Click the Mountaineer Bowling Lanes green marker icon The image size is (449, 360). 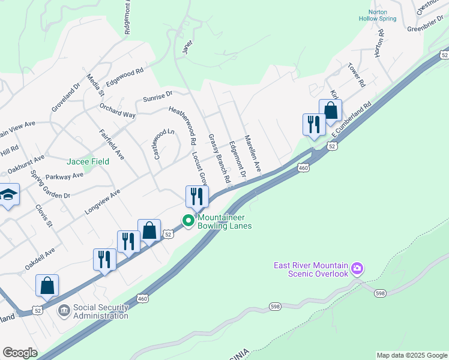click(188, 221)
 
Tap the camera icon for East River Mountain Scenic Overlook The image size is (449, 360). click(358, 268)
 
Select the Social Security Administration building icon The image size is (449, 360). click(64, 311)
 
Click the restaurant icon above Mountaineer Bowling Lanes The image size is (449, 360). click(196, 196)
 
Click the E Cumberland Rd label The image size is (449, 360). click(351, 120)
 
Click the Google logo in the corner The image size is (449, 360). click(20, 353)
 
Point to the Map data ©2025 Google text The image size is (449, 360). click(411, 355)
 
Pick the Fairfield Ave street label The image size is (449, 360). click(112, 145)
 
